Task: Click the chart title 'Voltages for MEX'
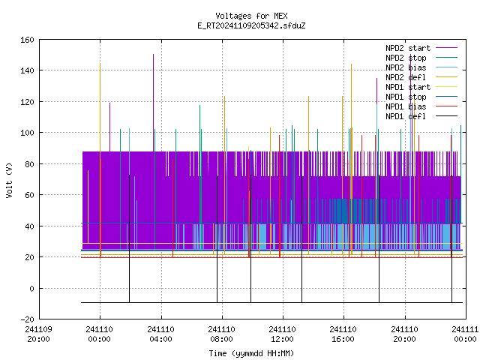[x=251, y=16]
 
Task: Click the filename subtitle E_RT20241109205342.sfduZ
[x=251, y=25]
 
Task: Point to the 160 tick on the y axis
[x=27, y=40]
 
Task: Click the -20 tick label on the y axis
[x=27, y=319]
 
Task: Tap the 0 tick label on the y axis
[x=31, y=288]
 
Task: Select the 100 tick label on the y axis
[x=27, y=133]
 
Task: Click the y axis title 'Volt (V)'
[x=10, y=180]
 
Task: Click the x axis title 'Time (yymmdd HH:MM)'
[x=251, y=353]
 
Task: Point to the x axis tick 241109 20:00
[x=38, y=334]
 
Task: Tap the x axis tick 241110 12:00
[x=282, y=334]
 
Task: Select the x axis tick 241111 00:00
[x=465, y=334]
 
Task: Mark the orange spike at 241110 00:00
[x=100, y=159]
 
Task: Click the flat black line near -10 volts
[x=271, y=302]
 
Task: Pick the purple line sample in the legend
[x=446, y=48]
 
